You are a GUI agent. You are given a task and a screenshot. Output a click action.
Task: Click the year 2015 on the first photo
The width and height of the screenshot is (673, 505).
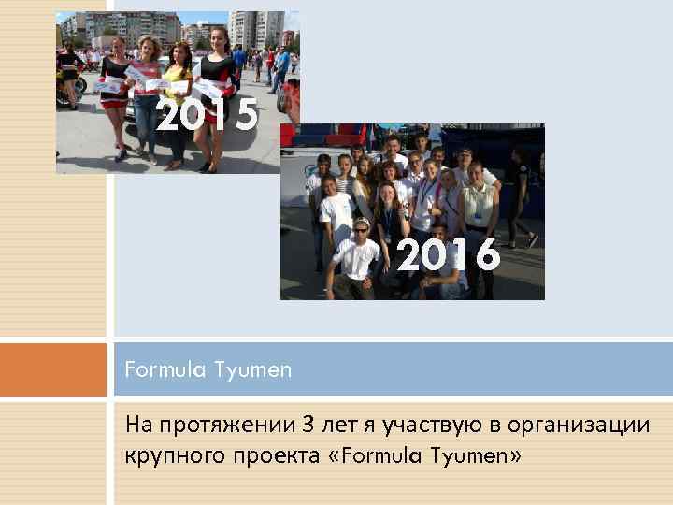pos(207,116)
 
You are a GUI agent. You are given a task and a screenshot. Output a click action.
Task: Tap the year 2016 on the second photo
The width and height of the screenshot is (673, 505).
pos(449,255)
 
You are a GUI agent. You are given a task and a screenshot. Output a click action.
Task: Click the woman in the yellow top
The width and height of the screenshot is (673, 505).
pos(177,103)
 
